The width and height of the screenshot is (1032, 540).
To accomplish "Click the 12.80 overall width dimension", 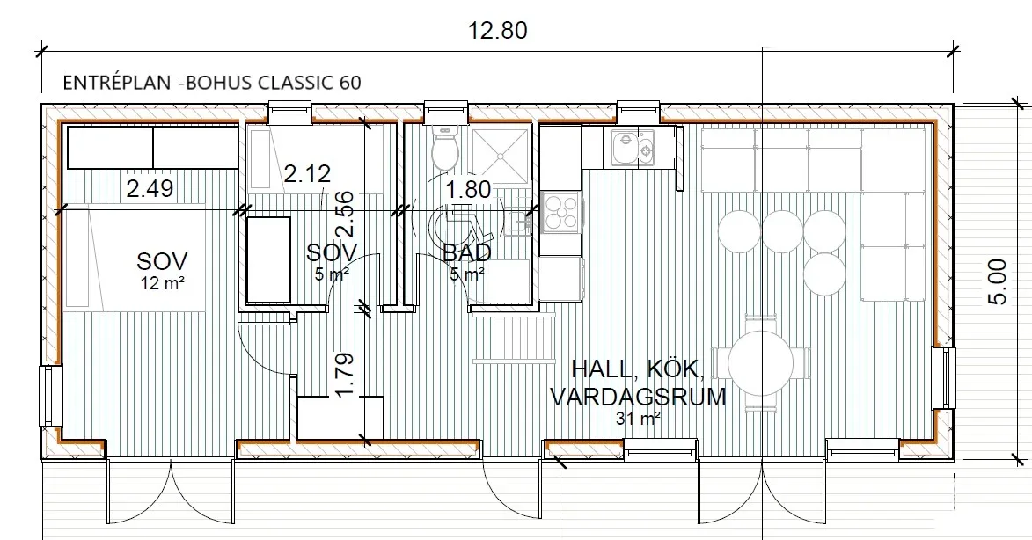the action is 498,30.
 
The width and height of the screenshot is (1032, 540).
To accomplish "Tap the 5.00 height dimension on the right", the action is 998,281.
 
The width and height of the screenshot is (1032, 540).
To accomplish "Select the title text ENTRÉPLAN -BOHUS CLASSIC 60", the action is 212,82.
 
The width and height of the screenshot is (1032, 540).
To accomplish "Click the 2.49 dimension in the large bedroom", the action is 150,189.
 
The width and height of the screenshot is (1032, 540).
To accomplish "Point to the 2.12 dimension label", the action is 307,173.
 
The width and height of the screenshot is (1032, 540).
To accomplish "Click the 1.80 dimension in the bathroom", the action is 468,189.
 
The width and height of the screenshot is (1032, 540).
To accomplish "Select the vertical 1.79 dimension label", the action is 345,376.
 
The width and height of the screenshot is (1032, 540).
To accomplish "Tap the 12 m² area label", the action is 162,283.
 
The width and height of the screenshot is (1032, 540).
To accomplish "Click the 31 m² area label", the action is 638,419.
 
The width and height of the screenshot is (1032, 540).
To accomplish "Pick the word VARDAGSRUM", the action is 638,398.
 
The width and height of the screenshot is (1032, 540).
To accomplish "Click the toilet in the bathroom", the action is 445,146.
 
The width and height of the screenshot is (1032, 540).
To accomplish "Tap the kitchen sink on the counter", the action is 632,148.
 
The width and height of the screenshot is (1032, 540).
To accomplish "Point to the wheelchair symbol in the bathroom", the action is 460,227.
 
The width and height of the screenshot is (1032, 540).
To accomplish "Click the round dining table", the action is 760,363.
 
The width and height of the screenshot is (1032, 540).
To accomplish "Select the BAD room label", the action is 466,252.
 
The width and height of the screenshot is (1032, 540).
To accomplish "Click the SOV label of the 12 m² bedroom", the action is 162,261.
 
